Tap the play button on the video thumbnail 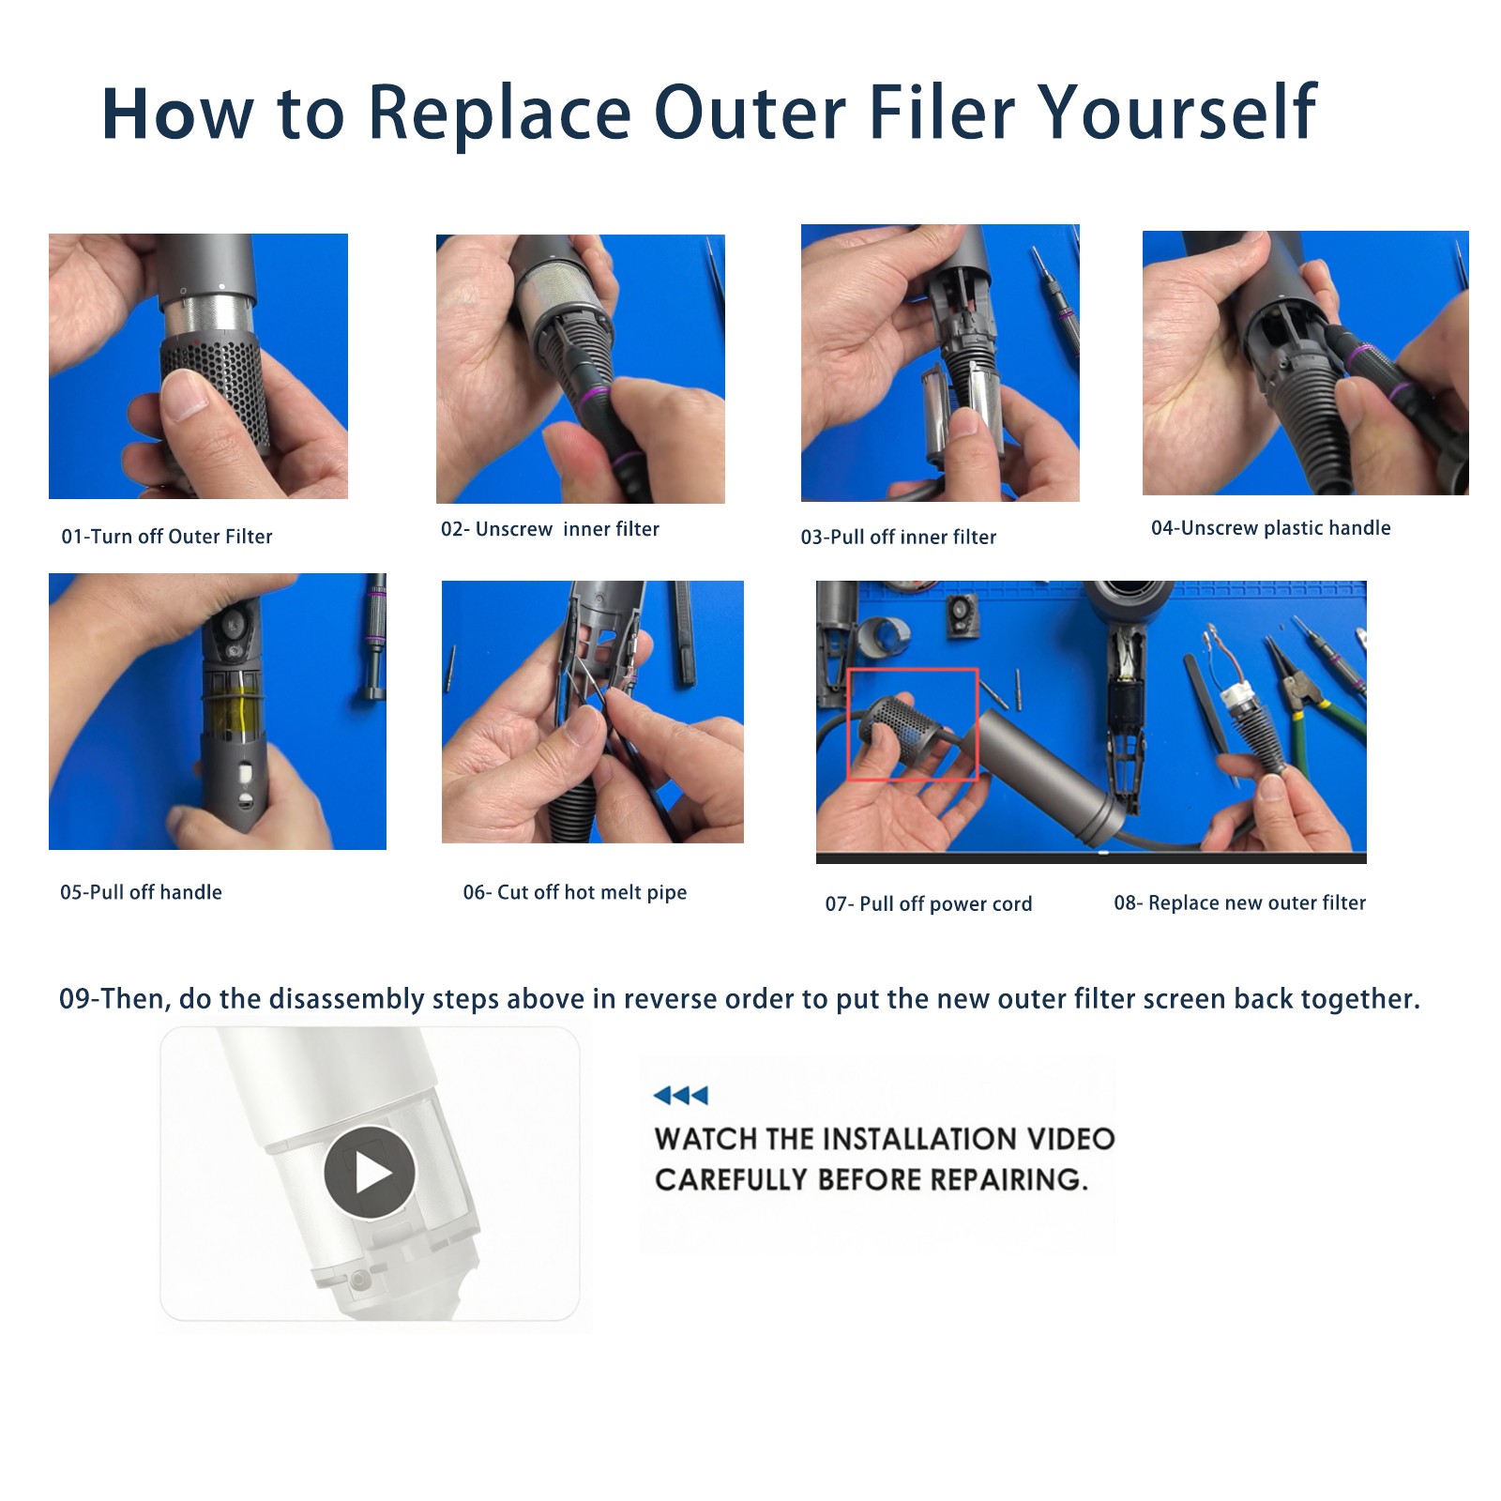(x=370, y=1172)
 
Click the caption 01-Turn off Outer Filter (x=167, y=537)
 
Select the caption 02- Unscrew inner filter (x=550, y=529)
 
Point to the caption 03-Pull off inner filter (x=898, y=538)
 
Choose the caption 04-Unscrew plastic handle (x=1270, y=528)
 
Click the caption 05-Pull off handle (x=141, y=892)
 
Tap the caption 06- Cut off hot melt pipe (x=574, y=892)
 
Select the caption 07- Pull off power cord (x=928, y=903)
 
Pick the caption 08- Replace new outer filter (x=1239, y=902)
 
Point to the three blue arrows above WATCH (x=681, y=1095)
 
